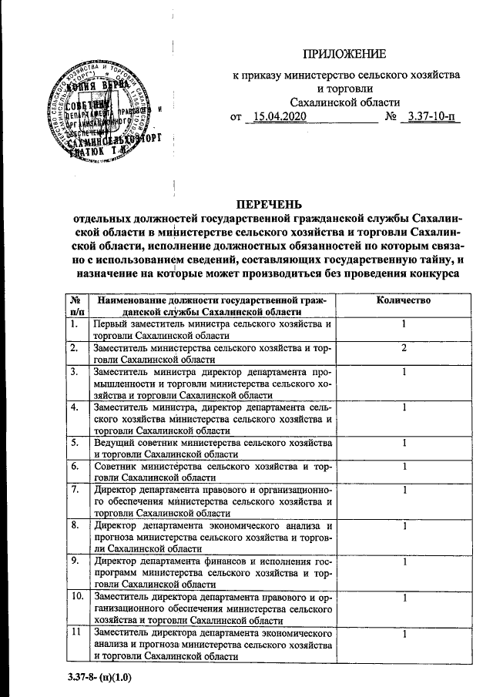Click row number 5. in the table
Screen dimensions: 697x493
(x=74, y=444)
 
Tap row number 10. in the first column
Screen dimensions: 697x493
(x=77, y=596)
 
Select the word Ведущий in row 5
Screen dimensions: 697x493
(x=114, y=444)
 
